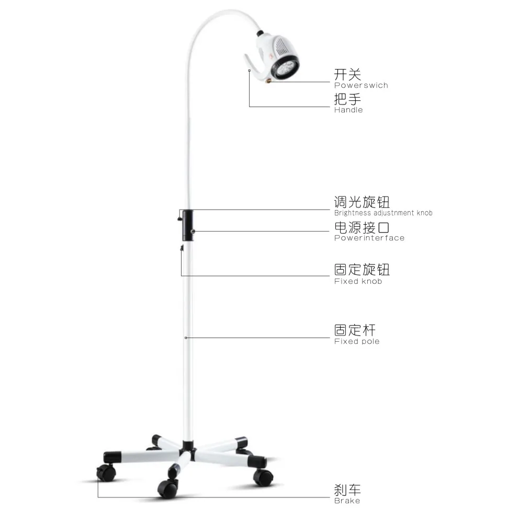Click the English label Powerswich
pos(361,85)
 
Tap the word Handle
pos(348,110)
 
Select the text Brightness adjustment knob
pos(383,213)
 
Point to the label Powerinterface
pos(369,238)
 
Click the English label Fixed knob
pos(358,282)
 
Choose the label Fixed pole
pos(357,342)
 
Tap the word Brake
pos(347,501)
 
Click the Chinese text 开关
pos(347,74)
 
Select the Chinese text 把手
pos(347,99)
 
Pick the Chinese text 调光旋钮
pos(362,202)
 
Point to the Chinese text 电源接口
pos(362,227)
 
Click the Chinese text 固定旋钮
pos(362,270)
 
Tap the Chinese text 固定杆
pos(355,330)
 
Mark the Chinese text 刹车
pos(347,490)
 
